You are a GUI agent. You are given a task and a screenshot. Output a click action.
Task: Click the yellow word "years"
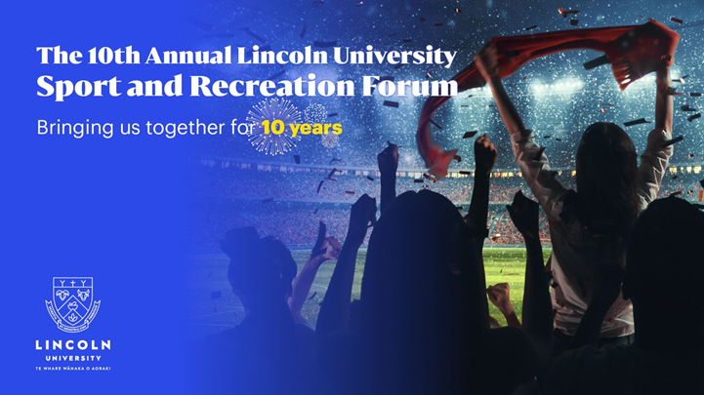tap(316, 128)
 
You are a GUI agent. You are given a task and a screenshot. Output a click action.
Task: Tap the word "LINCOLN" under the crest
tap(73, 344)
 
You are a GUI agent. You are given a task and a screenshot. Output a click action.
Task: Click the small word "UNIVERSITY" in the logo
tap(73, 358)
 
